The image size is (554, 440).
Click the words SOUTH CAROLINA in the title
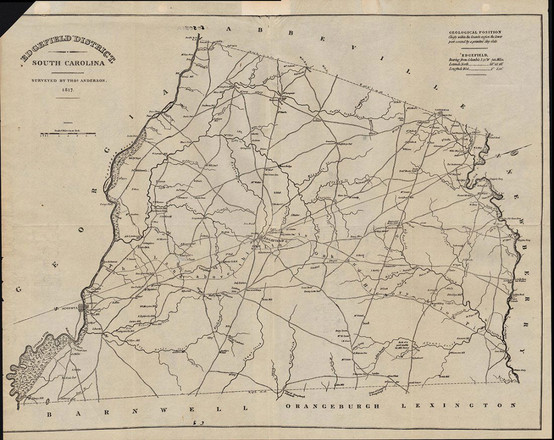pos(68,64)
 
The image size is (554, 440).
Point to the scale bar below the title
pos(68,135)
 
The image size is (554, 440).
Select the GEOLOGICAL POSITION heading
pos(475,32)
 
